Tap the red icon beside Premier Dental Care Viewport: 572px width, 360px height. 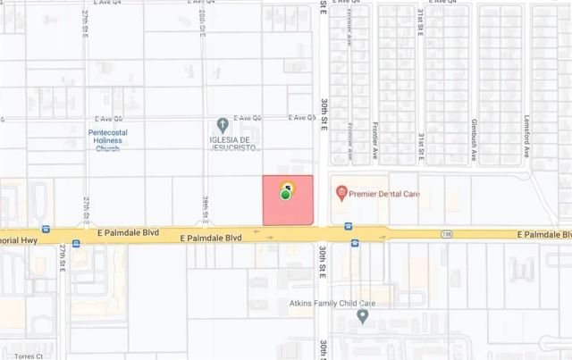(x=340, y=192)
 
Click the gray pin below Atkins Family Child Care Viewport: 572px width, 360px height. (x=362, y=317)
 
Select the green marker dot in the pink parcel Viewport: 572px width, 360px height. (x=286, y=195)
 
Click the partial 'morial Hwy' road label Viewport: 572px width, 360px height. (x=20, y=239)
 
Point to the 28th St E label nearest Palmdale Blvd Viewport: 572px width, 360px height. (x=205, y=209)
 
